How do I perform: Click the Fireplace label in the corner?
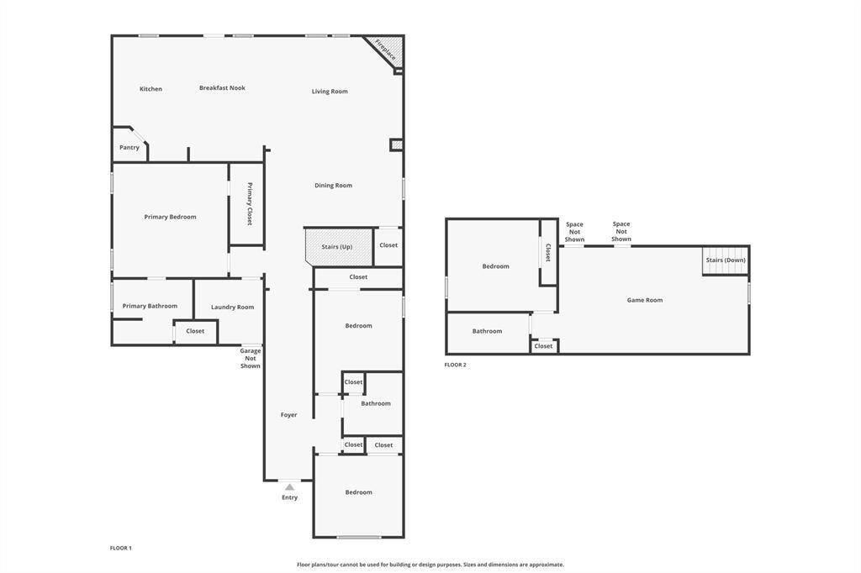pyautogui.click(x=386, y=50)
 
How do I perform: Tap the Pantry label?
pyautogui.click(x=129, y=148)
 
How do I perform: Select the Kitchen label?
pyautogui.click(x=151, y=89)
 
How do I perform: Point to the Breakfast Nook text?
pyautogui.click(x=222, y=88)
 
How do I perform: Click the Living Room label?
pyautogui.click(x=330, y=92)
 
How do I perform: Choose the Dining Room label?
pyautogui.click(x=333, y=186)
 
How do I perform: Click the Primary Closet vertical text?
pyautogui.click(x=250, y=203)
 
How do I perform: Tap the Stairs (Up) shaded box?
pyautogui.click(x=337, y=247)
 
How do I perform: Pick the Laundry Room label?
pyautogui.click(x=232, y=308)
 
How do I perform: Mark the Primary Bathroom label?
pyautogui.click(x=150, y=307)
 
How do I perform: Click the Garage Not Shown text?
pyautogui.click(x=251, y=359)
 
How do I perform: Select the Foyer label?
pyautogui.click(x=288, y=415)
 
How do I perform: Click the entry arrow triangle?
pyautogui.click(x=289, y=486)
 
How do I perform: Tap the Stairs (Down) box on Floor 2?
pyautogui.click(x=726, y=260)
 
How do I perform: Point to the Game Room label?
pyautogui.click(x=645, y=300)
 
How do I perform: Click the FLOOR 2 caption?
pyautogui.click(x=455, y=365)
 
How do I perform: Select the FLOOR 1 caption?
pyautogui.click(x=120, y=548)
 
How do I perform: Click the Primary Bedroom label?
pyautogui.click(x=170, y=218)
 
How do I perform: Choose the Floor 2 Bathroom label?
pyautogui.click(x=487, y=331)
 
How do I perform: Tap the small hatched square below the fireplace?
pyautogui.click(x=397, y=145)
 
